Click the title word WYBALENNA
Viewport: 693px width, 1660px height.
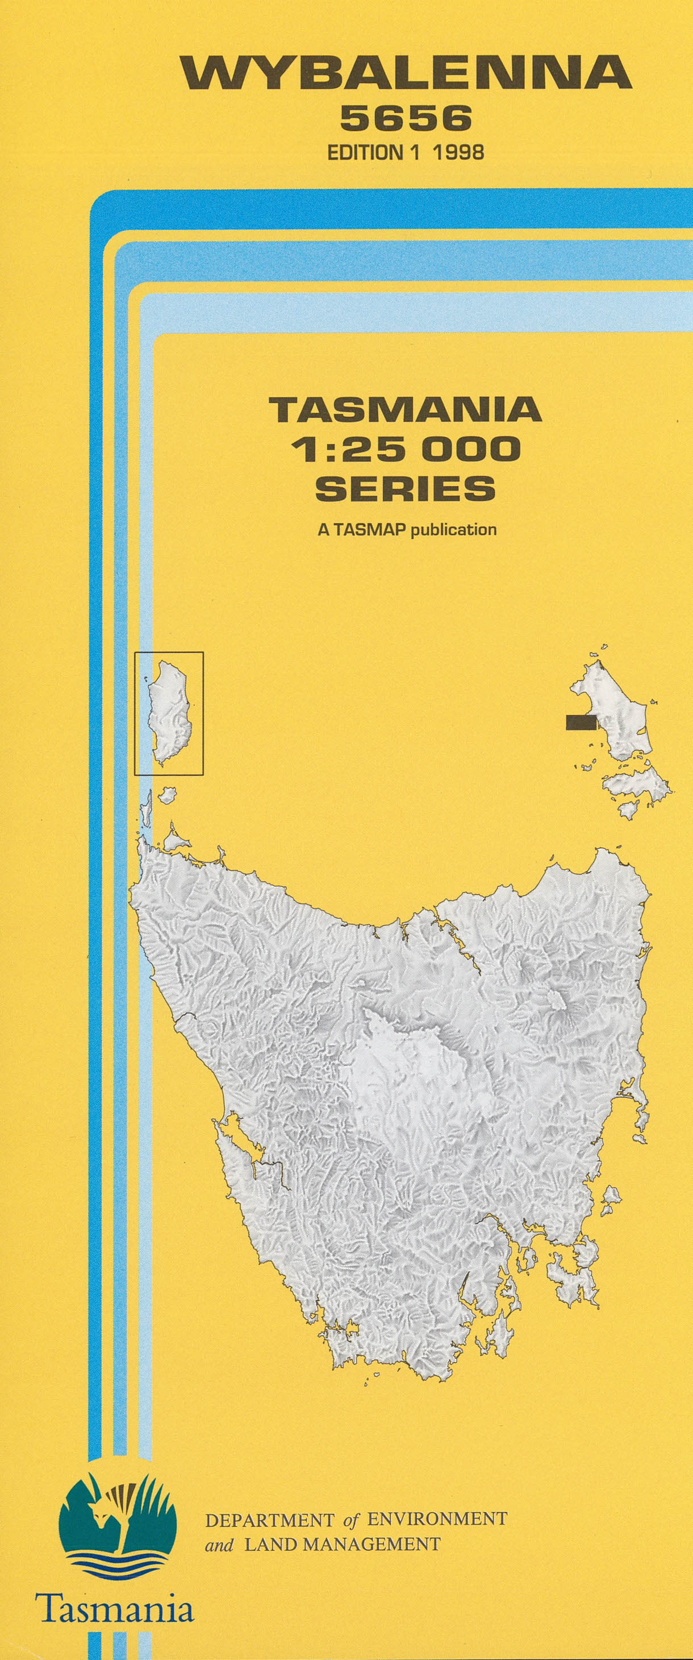[x=406, y=72]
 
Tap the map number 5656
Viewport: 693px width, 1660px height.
[x=406, y=119]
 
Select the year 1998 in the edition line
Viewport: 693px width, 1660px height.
[x=458, y=152]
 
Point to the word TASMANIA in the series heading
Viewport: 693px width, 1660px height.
[x=406, y=409]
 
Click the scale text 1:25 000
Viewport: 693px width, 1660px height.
[x=406, y=449]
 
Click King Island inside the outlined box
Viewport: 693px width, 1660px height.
[x=169, y=712]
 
